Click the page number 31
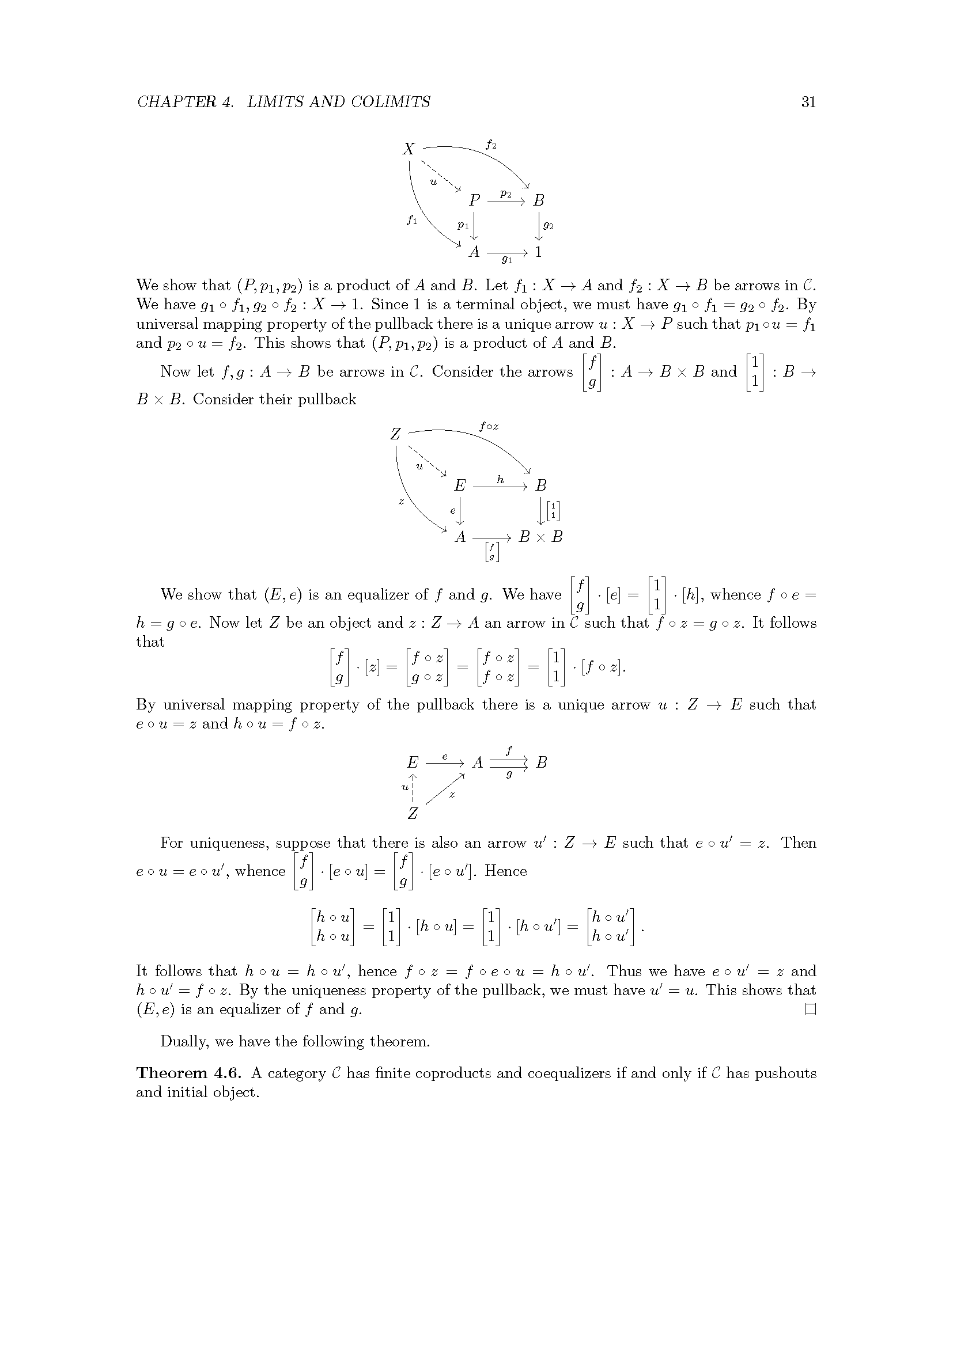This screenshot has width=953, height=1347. (x=808, y=102)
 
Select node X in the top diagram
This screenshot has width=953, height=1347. (x=409, y=149)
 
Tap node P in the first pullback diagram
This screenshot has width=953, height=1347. (x=474, y=200)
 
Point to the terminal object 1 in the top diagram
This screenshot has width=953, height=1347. (x=538, y=252)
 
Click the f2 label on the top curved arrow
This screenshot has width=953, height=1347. (x=491, y=145)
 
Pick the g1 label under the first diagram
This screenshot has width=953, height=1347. (x=507, y=259)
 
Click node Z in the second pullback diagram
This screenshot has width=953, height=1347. (x=395, y=434)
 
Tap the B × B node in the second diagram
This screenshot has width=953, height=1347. (x=540, y=537)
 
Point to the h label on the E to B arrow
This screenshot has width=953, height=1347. (x=500, y=479)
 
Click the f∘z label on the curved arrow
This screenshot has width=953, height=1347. (x=489, y=427)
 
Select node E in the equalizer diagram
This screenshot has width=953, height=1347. (x=413, y=762)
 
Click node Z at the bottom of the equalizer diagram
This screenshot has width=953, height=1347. (x=413, y=814)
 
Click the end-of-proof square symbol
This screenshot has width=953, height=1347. (x=811, y=1009)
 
